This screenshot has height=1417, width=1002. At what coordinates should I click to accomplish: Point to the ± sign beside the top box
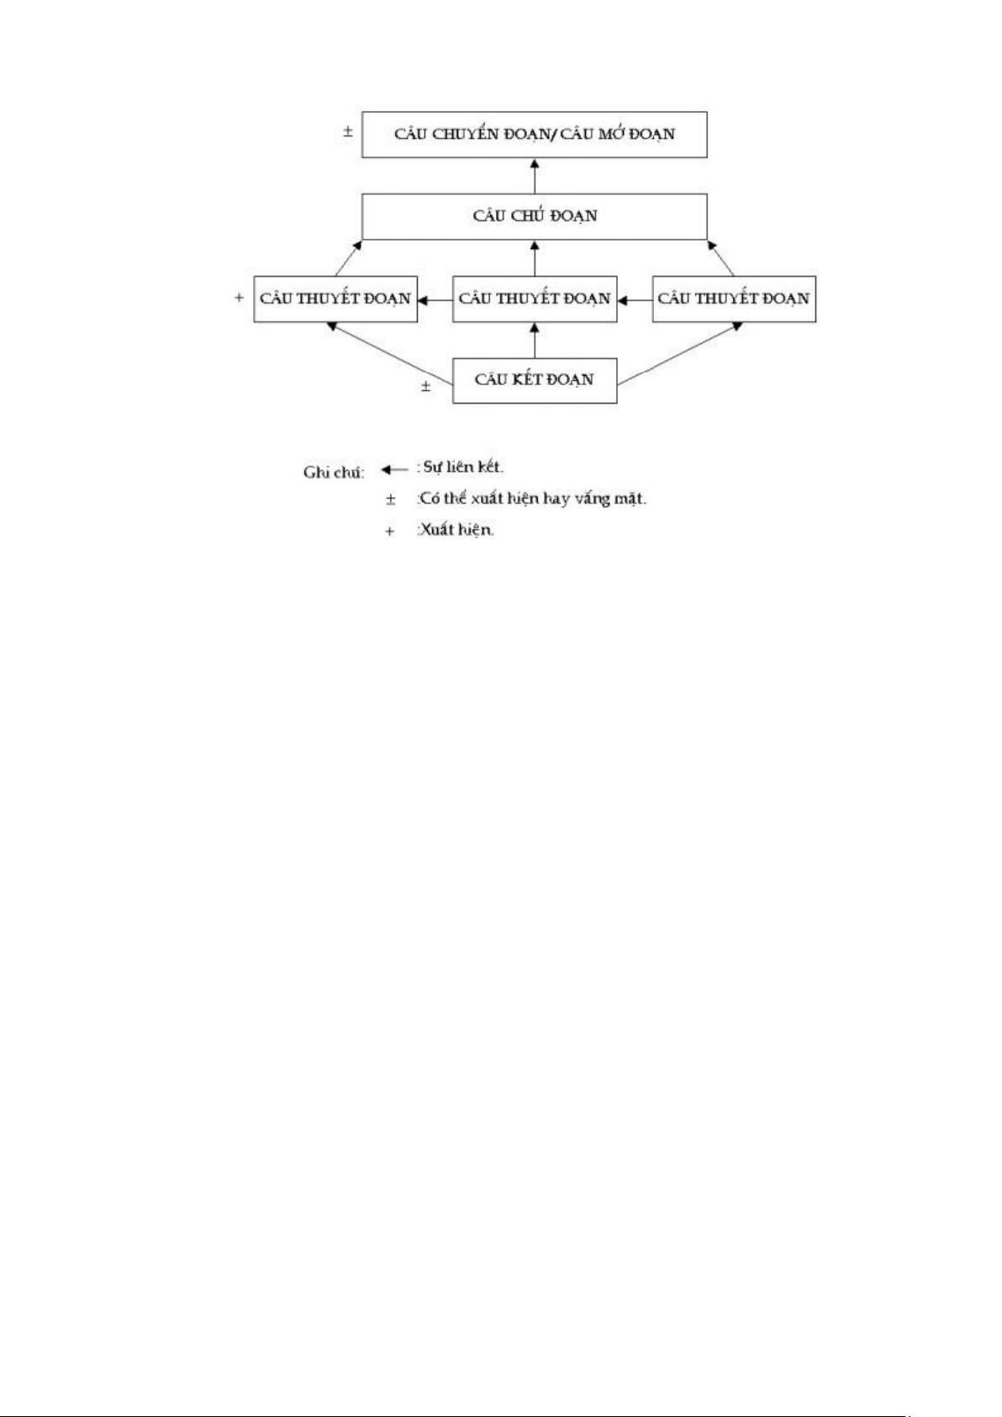[x=348, y=132]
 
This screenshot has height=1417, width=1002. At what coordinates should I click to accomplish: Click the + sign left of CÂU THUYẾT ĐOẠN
[x=239, y=298]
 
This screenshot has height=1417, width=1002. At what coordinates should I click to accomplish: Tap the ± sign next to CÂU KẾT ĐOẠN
[x=426, y=386]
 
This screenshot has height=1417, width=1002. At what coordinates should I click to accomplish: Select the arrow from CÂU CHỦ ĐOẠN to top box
[x=535, y=176]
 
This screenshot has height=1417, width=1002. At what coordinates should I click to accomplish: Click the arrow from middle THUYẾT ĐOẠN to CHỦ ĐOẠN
[x=535, y=258]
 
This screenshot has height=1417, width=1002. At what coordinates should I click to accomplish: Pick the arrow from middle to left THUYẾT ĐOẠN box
[x=435, y=300]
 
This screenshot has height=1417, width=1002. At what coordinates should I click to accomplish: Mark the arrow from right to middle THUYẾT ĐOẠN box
[x=635, y=300]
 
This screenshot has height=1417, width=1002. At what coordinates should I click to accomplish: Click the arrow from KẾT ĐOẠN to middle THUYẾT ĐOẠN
[x=535, y=341]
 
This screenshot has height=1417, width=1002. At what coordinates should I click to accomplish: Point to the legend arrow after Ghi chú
[x=395, y=470]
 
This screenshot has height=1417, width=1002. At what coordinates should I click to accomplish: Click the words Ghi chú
[x=334, y=473]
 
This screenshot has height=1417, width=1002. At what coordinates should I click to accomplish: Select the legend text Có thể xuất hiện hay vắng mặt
[x=532, y=500]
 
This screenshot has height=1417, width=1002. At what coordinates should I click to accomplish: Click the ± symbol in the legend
[x=391, y=500]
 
